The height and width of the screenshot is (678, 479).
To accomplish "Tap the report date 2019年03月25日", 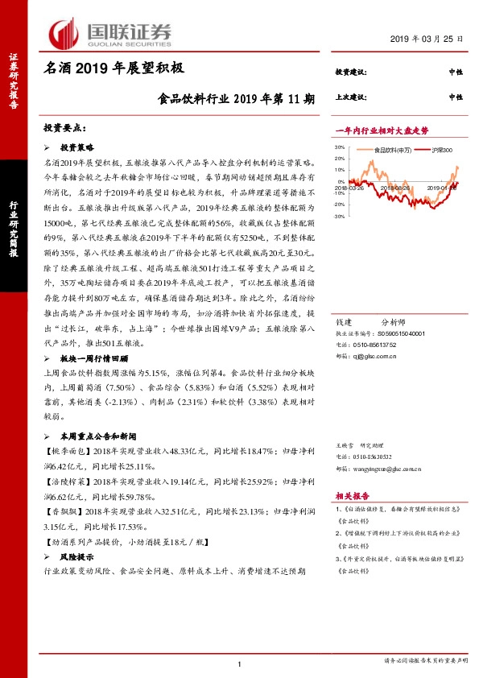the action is click(x=427, y=39).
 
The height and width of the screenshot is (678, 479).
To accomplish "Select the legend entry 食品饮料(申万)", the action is click(x=391, y=149).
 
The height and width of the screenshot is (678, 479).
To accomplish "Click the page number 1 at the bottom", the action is click(x=240, y=664).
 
